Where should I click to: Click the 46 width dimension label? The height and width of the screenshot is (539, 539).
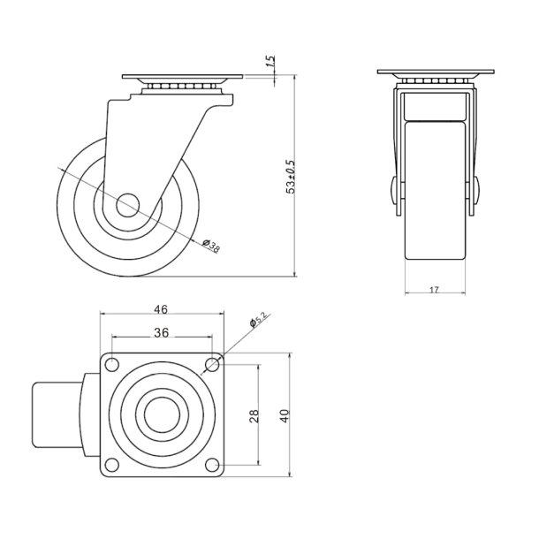tap(161, 310)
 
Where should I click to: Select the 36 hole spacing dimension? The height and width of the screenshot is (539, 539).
tap(161, 332)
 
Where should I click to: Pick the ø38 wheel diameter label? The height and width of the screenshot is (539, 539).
tap(211, 246)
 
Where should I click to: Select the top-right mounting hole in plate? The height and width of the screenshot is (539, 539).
tap(212, 363)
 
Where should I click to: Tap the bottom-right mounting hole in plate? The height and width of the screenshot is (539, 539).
tap(212, 465)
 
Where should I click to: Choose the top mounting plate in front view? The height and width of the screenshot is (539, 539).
tap(434, 72)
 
